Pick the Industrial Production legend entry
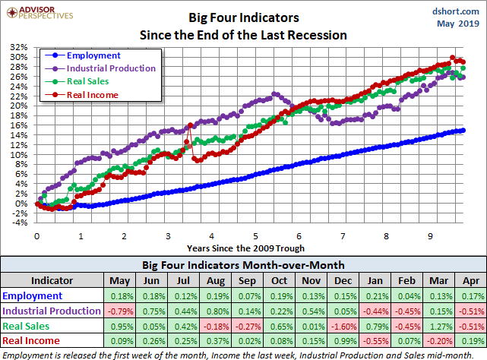click(111, 68)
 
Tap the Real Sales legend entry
click(87, 81)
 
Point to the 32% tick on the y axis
click(18, 47)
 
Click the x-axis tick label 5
click(257, 236)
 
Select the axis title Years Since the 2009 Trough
click(245, 248)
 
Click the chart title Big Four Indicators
click(242, 17)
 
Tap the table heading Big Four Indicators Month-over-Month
click(243, 265)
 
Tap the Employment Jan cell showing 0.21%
click(371, 295)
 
